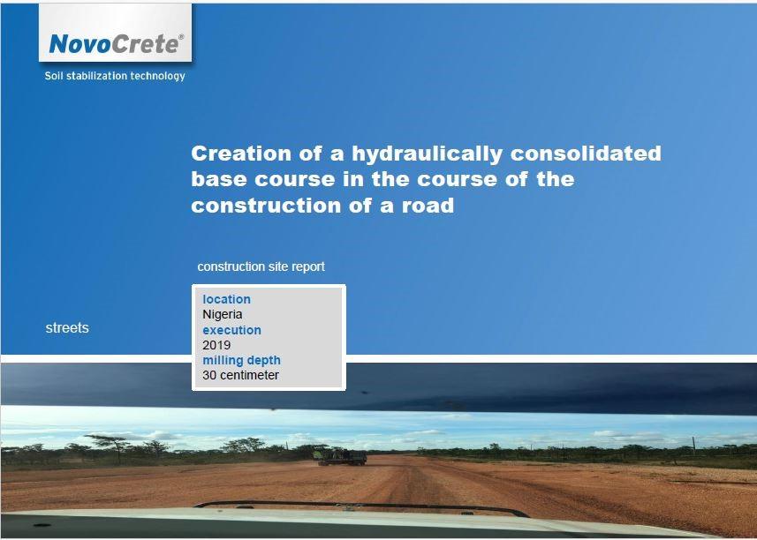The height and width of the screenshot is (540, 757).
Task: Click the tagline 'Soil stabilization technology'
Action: (115, 76)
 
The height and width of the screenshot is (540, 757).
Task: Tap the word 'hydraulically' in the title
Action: (428, 154)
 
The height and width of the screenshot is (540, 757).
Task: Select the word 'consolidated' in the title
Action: (586, 154)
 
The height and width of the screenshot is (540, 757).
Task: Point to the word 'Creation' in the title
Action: (241, 154)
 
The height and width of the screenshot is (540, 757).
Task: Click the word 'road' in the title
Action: (428, 206)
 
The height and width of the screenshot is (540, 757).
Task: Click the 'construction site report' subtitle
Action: (261, 266)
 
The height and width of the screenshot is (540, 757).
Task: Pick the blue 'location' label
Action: (226, 299)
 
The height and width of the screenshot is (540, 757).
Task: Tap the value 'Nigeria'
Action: (222, 314)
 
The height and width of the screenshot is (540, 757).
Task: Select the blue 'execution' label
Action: (231, 330)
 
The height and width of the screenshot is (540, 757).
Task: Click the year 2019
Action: (216, 345)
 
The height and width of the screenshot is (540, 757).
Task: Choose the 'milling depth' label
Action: (241, 360)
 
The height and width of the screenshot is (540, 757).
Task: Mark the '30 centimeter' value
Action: (240, 375)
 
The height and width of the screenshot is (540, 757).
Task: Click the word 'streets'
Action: (67, 328)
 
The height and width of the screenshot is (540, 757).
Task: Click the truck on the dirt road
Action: (341, 457)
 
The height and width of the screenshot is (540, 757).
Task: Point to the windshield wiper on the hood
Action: (362, 507)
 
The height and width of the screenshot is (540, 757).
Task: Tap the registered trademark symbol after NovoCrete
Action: (181, 37)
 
